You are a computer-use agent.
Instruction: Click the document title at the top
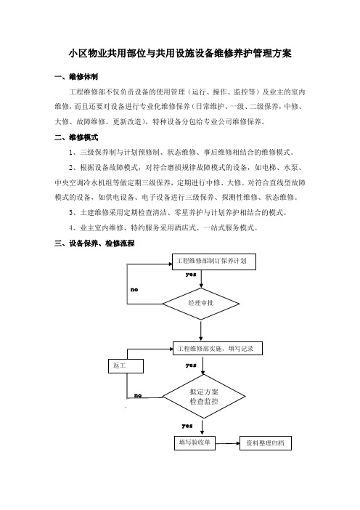[x=180, y=53]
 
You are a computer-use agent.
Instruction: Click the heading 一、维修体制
[x=76, y=77]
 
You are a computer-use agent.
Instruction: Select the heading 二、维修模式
[x=76, y=137]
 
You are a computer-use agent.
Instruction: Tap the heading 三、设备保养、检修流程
[x=94, y=243]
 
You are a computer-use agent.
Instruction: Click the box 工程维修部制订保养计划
[x=214, y=262]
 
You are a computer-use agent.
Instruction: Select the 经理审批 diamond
[x=201, y=304]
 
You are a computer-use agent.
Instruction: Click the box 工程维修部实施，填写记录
[x=217, y=348]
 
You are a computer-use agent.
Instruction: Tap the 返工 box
[x=126, y=366]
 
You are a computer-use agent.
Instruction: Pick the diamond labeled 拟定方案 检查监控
[x=204, y=397]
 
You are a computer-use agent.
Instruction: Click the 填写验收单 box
[x=195, y=442]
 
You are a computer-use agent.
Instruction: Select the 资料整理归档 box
[x=266, y=443]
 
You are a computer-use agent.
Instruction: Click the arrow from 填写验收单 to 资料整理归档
[x=227, y=443]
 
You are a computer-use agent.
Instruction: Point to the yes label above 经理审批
[x=191, y=275]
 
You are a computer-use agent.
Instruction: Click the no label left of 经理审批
[x=134, y=289]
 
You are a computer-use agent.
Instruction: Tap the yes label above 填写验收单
[x=187, y=426]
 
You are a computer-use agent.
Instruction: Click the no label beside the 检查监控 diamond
[x=138, y=395]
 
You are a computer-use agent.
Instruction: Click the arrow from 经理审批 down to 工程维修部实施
[x=201, y=331]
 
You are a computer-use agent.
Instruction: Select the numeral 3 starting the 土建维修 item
[x=71, y=213]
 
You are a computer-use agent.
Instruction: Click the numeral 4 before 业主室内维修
[x=71, y=228]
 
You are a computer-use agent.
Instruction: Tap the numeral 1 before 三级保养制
[x=71, y=153]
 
